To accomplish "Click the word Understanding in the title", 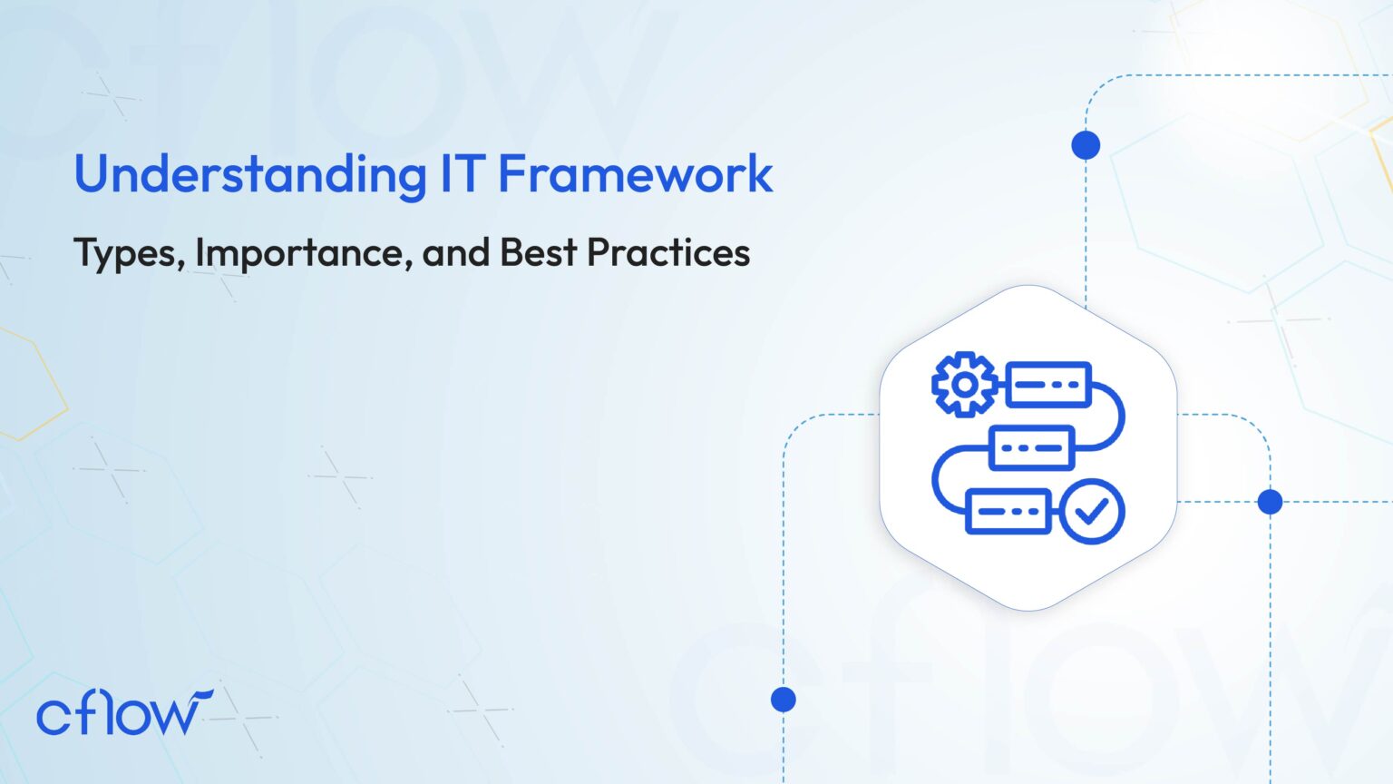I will [250, 174].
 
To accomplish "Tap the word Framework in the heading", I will [636, 173].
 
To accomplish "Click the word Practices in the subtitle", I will [668, 252].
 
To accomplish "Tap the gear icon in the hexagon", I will [965, 385].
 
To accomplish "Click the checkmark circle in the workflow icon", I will [1092, 512].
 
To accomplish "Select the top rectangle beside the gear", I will [1048, 385].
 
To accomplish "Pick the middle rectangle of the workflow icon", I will [1031, 448].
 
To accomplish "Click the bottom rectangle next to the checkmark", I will [1008, 512].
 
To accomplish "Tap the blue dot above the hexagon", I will [1086, 145].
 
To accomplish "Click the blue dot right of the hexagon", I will [1270, 501].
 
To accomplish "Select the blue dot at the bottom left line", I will [784, 700].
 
